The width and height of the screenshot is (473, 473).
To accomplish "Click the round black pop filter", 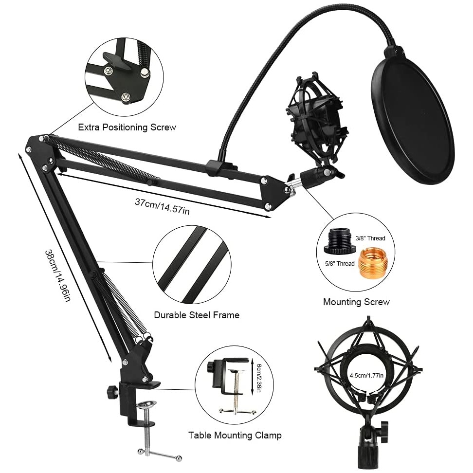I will coord(413,124).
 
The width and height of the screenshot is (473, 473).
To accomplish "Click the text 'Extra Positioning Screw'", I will coord(127,127).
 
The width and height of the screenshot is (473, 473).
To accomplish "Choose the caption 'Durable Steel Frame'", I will coord(197,315).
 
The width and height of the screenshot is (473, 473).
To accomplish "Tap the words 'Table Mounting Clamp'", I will coord(235,435).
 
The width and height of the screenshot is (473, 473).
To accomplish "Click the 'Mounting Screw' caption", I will coord(356,302).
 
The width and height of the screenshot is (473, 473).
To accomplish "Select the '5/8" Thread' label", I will coord(340,264).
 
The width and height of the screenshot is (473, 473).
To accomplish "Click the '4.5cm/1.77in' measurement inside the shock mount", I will coord(366,375).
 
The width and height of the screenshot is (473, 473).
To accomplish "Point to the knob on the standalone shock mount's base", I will coord(384,427).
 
